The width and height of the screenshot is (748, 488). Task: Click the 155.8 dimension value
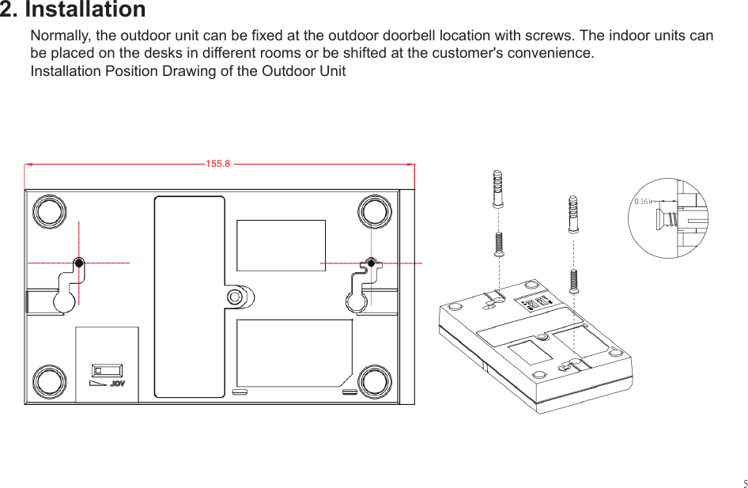217,165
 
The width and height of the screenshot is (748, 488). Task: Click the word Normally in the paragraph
60,36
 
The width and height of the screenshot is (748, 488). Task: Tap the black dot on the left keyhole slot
79,263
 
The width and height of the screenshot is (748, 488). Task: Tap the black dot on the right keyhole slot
372,263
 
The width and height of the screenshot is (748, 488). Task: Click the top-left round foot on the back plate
48,211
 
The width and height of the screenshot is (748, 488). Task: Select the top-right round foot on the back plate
375,211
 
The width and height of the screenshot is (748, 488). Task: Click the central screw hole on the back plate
235,297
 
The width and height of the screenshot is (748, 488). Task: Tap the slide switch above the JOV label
107,370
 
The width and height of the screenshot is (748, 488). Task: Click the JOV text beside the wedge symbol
118,384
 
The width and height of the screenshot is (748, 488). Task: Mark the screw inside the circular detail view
666,217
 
